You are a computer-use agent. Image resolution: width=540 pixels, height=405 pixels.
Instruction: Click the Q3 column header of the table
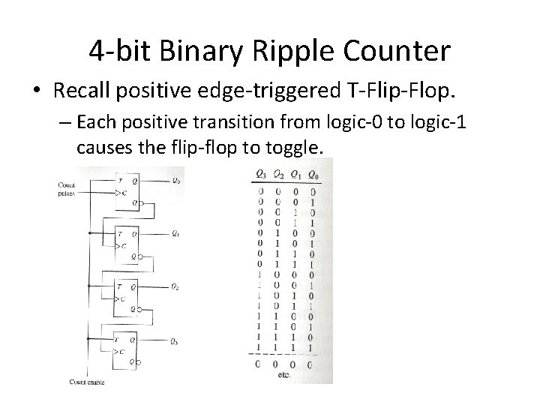pyautogui.click(x=260, y=174)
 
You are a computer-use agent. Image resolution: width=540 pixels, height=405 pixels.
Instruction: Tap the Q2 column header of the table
pyautogui.click(x=277, y=174)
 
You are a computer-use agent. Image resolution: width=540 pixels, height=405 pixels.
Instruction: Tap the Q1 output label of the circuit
pyautogui.click(x=175, y=234)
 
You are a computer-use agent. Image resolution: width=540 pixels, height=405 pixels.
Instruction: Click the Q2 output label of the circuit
pyautogui.click(x=175, y=287)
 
